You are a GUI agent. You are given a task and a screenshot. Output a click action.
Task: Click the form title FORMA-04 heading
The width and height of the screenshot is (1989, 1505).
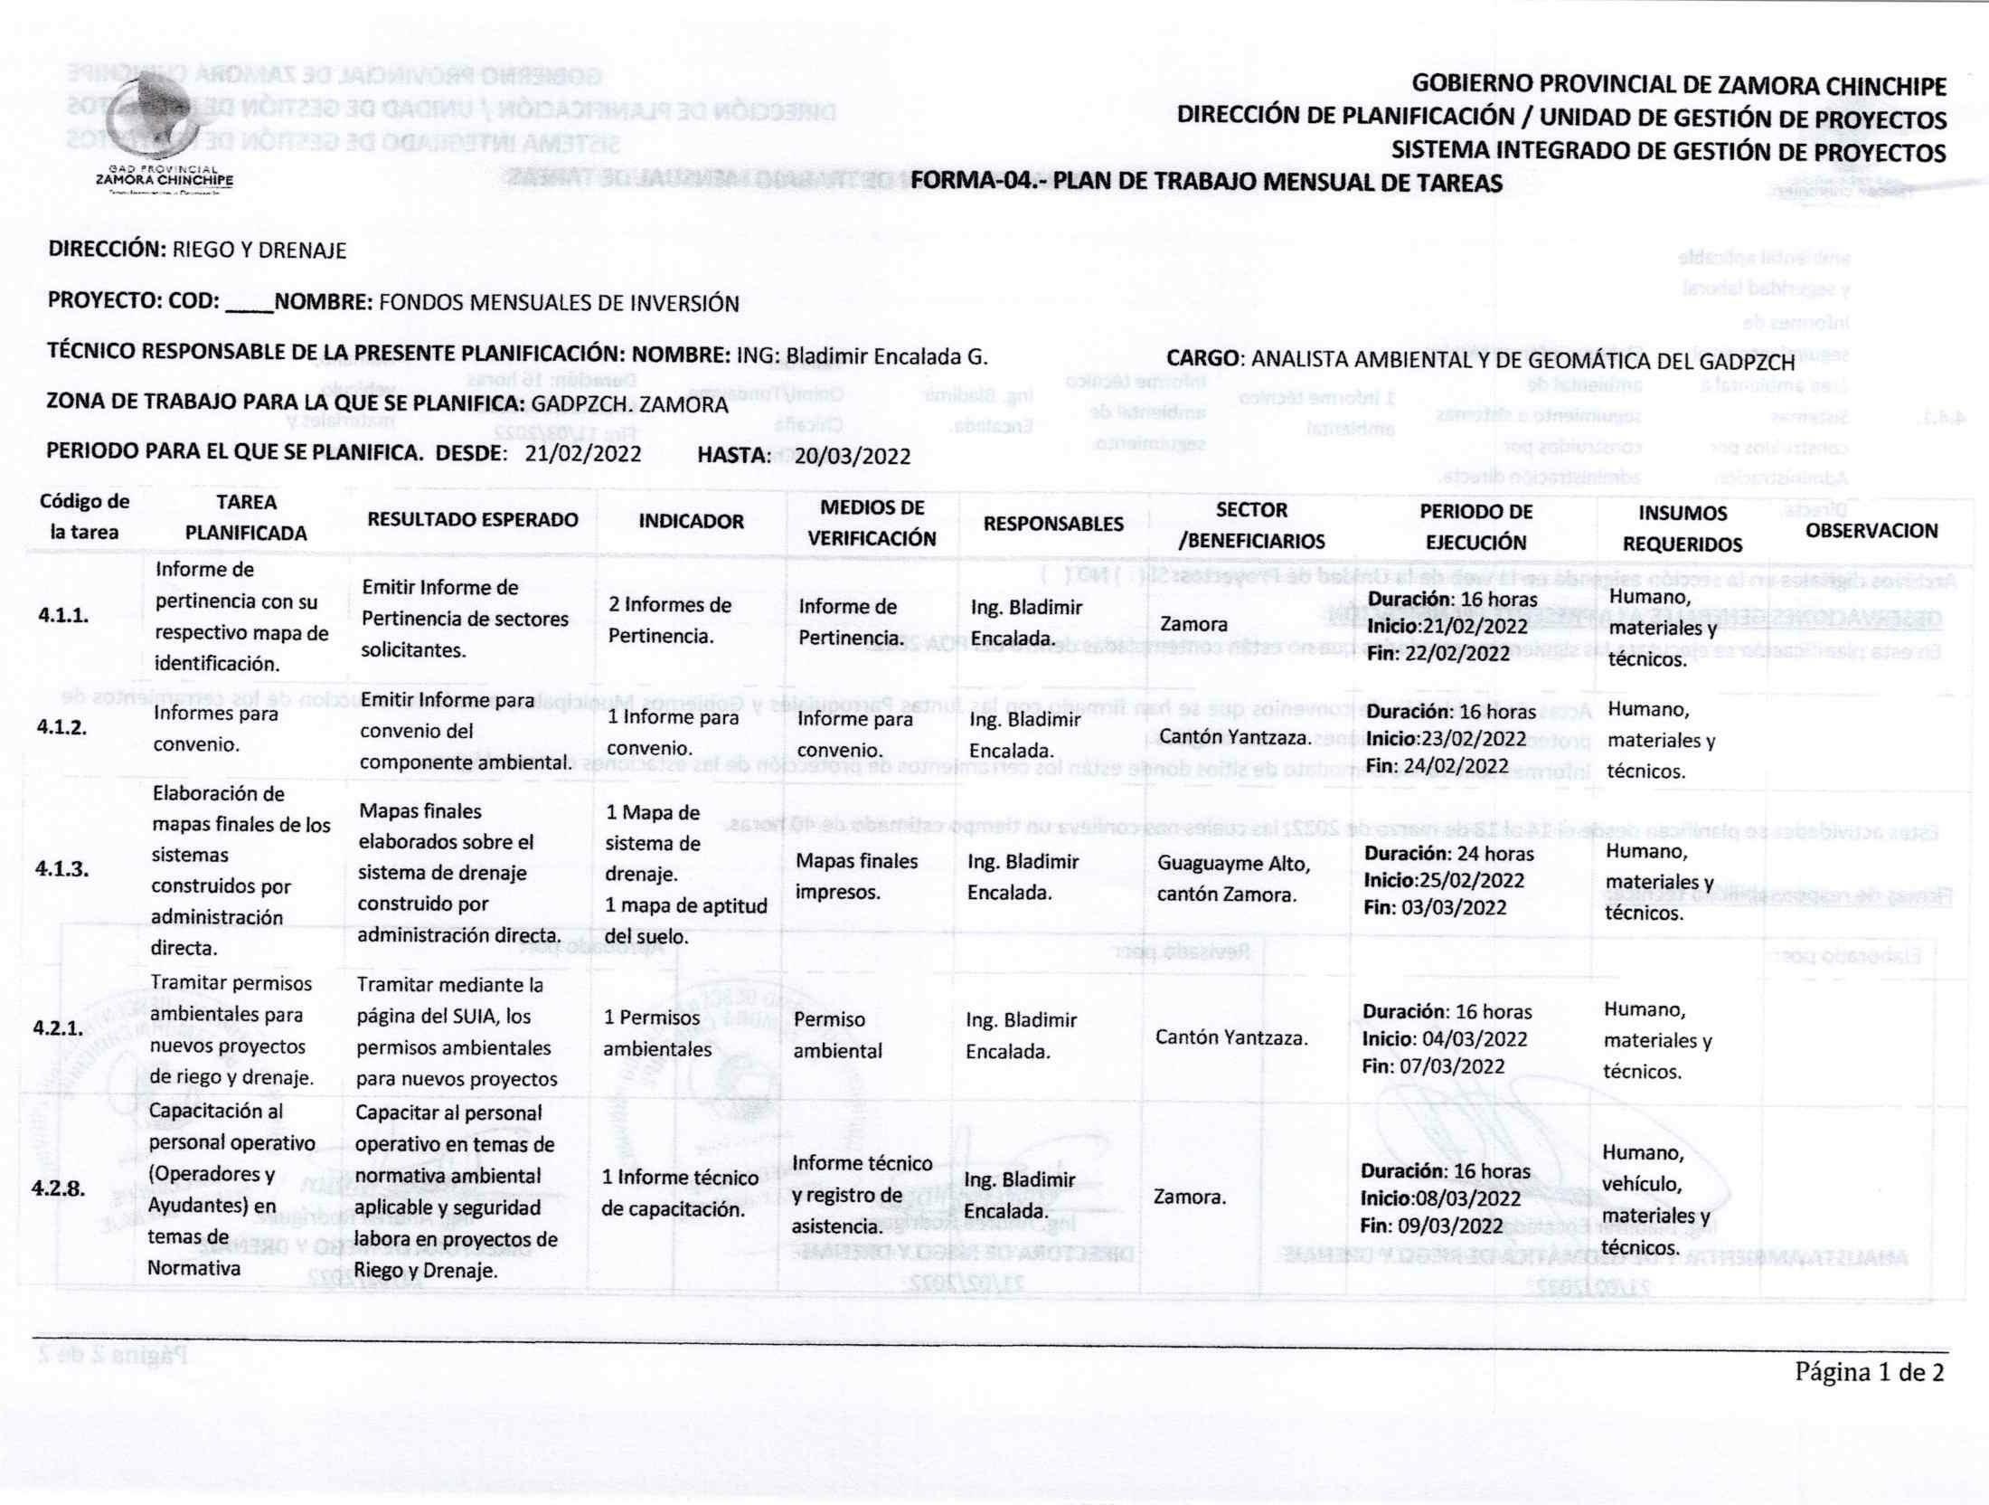pos(1206,183)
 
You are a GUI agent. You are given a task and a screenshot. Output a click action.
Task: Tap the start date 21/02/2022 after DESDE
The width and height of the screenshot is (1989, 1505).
pos(583,454)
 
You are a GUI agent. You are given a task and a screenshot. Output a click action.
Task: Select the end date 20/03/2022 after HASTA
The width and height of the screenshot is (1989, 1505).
pos(853,456)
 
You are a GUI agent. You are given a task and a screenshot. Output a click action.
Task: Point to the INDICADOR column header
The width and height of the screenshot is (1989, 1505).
pos(691,521)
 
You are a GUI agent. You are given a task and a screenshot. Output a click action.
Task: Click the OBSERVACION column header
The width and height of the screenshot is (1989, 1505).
pos(1871,531)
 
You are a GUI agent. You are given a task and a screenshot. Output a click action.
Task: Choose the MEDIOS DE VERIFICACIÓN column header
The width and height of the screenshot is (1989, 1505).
pos(872,523)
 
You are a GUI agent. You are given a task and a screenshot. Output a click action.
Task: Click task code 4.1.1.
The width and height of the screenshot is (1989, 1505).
pos(63,616)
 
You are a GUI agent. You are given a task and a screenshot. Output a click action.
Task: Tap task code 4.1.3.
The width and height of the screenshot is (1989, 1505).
pos(61,869)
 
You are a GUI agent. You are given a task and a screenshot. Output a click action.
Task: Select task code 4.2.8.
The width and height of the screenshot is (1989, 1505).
pos(59,1188)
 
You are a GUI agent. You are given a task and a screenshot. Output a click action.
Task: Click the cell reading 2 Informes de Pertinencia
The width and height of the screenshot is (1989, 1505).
pos(670,620)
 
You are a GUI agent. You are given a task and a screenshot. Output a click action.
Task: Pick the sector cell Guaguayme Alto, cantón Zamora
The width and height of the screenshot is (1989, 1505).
pos(1233,879)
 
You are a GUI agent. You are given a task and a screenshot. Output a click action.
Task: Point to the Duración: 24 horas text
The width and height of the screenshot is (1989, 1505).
pos(1448,854)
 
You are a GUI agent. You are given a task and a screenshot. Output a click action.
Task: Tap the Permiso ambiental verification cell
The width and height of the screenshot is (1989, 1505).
pos(829,1035)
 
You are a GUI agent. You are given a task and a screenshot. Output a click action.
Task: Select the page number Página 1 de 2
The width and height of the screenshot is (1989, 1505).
pos(1869,1373)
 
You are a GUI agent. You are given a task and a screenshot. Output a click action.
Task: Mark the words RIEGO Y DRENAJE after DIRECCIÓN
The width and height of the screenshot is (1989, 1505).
pos(259,251)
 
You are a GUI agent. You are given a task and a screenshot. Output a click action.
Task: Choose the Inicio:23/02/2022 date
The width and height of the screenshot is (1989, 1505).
pos(1446,739)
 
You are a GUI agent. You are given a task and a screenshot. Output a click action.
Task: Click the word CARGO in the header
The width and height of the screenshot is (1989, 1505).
pos(1202,358)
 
